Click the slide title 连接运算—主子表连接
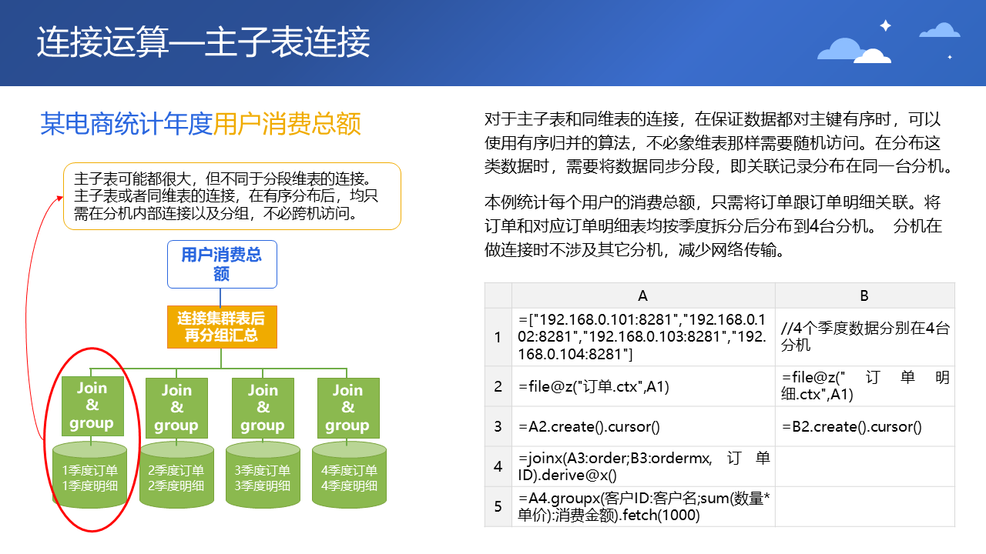[203, 42]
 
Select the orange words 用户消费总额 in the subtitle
[287, 124]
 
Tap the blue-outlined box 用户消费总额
[222, 264]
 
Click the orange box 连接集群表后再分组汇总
[222, 327]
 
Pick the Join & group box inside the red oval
[92, 405]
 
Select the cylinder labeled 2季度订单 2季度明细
[176, 475]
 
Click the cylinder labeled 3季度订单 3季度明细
[263, 475]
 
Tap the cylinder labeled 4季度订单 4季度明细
[349, 475]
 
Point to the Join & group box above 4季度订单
[348, 408]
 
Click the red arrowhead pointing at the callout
[60, 199]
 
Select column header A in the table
[643, 295]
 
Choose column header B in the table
[864, 295]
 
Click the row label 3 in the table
[498, 426]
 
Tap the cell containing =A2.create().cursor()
[643, 426]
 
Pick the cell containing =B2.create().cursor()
[865, 426]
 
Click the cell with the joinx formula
[643, 466]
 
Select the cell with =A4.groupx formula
[643, 506]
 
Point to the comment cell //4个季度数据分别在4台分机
[865, 337]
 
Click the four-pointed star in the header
[886, 25]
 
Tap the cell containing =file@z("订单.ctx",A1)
[643, 386]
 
